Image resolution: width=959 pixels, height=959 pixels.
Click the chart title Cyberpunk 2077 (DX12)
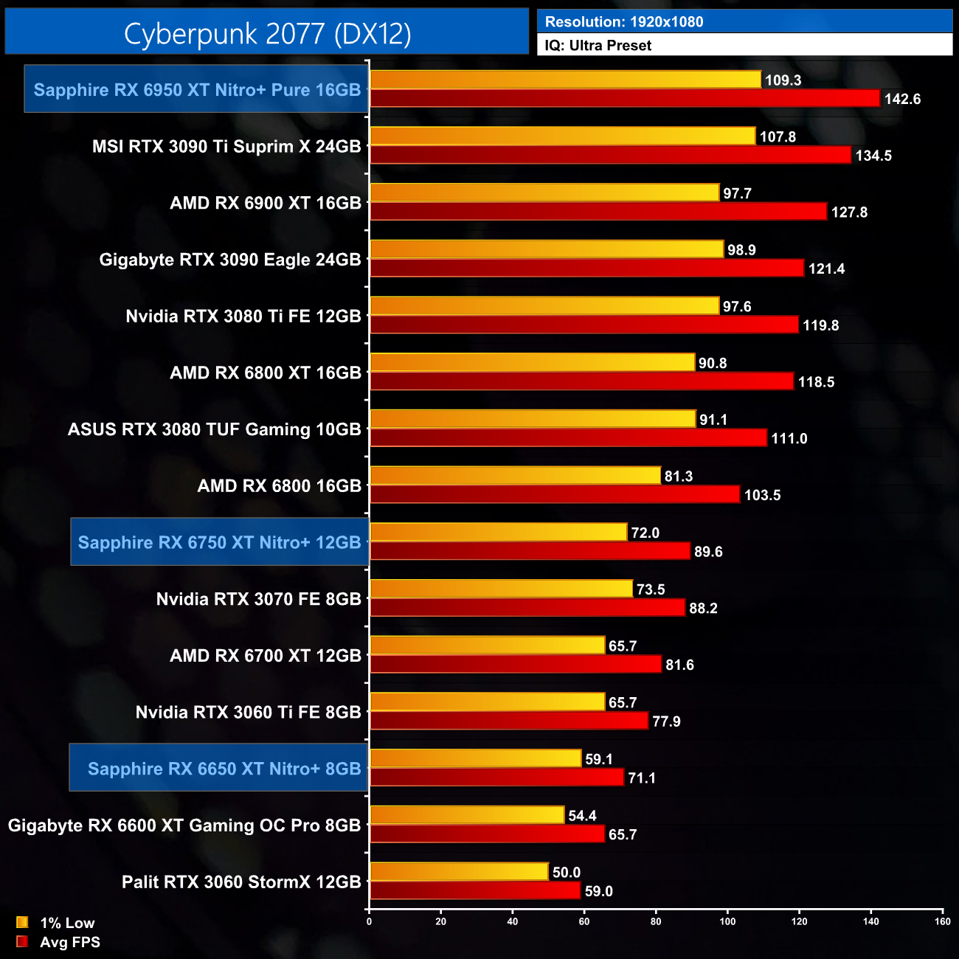click(267, 33)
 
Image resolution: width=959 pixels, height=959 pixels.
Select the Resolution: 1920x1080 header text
click(624, 21)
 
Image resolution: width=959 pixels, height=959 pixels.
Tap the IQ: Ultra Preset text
click(598, 45)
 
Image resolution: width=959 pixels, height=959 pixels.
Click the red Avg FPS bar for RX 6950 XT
click(624, 98)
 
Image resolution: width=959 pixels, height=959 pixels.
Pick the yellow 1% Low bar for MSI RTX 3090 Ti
click(562, 136)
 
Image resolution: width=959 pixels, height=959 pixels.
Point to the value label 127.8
click(849, 212)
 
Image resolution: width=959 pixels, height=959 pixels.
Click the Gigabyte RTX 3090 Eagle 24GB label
click(230, 260)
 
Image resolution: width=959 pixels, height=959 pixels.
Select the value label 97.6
click(737, 306)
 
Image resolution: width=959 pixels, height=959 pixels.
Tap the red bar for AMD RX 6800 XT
click(581, 381)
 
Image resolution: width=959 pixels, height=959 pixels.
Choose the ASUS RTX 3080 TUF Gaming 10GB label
click(215, 429)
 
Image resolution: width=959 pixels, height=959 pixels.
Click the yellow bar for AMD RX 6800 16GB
click(515, 476)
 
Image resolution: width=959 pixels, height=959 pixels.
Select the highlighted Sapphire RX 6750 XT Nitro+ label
click(219, 542)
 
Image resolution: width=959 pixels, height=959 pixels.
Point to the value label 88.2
click(703, 609)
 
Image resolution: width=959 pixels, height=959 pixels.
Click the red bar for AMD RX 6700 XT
click(515, 664)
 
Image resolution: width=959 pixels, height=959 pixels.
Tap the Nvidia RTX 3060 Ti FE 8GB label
click(249, 712)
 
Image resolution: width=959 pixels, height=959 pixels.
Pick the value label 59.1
click(599, 759)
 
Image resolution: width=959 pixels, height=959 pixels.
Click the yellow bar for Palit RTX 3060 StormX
click(459, 872)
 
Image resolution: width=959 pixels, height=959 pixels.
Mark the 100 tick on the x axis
click(727, 921)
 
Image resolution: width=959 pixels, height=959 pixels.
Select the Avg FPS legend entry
click(58, 942)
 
